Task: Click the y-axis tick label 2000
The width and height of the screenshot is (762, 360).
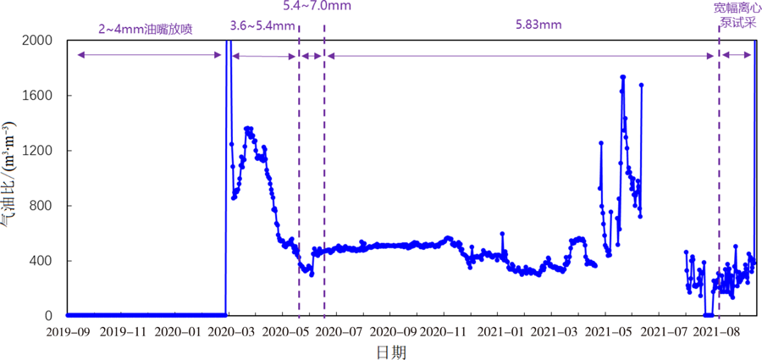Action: coord(36,41)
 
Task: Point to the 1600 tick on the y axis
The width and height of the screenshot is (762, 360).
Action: coord(36,96)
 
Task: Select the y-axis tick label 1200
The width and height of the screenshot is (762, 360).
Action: coord(36,151)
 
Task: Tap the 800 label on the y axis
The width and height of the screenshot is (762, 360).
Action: coord(41,206)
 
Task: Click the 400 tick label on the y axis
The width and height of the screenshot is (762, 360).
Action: coord(41,261)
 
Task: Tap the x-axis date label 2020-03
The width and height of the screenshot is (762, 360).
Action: coord(229,330)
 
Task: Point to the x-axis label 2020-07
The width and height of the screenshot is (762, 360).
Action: coord(336,330)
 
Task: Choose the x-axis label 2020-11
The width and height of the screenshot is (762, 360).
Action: coord(444,330)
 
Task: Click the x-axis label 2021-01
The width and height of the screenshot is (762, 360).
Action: coord(498,330)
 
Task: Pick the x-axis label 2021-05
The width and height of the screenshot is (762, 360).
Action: coord(605,330)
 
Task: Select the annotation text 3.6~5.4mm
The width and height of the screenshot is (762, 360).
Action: coord(262,25)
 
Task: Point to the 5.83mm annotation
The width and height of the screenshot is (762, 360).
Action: coord(538,25)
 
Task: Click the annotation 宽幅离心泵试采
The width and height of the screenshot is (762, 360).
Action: coord(732,16)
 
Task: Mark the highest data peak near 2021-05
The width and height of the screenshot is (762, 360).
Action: coord(623,77)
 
